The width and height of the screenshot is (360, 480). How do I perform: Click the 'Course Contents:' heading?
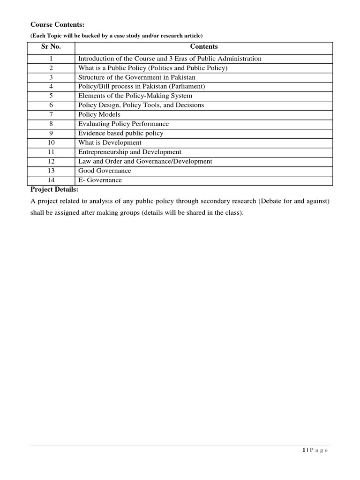[x=58, y=24]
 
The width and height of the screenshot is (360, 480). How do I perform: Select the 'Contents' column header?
[x=204, y=47]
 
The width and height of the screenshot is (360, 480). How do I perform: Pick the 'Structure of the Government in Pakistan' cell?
[x=137, y=77]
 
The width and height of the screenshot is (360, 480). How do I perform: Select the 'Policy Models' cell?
[x=99, y=115]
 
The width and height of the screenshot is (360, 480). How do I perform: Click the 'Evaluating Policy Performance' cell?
[x=123, y=124]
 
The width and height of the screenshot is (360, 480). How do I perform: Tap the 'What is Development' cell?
[x=110, y=143]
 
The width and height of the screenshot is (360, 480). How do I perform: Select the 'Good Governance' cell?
[x=105, y=171]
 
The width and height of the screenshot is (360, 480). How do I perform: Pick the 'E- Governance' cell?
[x=100, y=180]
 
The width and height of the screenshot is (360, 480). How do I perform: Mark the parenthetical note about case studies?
[x=117, y=36]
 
